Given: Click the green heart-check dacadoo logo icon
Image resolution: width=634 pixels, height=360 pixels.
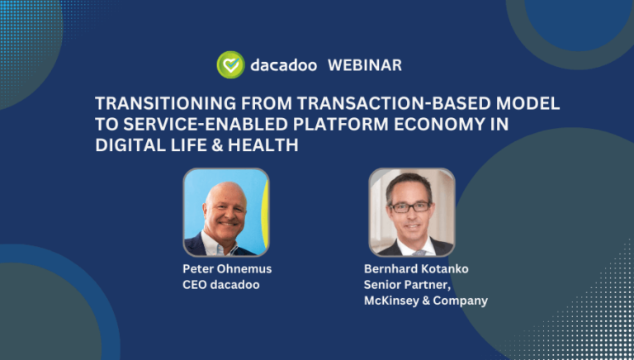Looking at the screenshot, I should (x=230, y=65).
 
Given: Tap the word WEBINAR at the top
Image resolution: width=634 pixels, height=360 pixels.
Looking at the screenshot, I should (x=365, y=65).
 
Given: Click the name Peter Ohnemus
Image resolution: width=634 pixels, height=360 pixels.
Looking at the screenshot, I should (x=226, y=268).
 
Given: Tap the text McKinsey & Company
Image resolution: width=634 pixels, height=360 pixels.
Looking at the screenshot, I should (x=425, y=301).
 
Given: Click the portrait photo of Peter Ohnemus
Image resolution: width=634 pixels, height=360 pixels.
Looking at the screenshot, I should (x=225, y=212).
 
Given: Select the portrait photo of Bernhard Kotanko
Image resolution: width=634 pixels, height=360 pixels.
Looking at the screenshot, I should (x=411, y=212).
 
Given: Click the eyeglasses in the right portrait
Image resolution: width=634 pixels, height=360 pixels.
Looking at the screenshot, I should (x=409, y=206).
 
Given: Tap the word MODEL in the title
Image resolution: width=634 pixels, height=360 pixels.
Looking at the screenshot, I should (x=528, y=104).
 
